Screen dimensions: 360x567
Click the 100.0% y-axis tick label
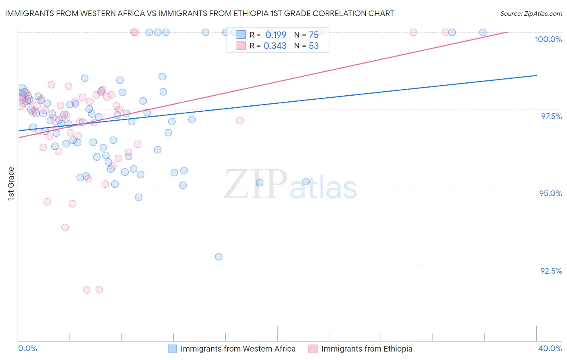click(548, 39)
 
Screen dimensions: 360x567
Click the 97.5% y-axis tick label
click(551, 116)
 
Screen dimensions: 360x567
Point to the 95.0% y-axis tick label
click(550, 193)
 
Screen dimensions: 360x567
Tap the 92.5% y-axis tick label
click(551, 271)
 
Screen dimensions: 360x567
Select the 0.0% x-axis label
click(27, 349)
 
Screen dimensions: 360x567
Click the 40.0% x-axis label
click(550, 349)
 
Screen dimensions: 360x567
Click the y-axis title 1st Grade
click(11, 184)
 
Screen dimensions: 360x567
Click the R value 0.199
click(275, 35)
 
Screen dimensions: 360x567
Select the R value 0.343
click(275, 46)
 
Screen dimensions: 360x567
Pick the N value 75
click(313, 35)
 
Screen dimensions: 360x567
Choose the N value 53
click(313, 46)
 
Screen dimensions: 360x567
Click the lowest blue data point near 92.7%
click(219, 257)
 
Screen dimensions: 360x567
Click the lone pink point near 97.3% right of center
click(240, 121)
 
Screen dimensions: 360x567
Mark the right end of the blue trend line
click(536, 75)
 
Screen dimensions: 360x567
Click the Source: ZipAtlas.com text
click(531, 14)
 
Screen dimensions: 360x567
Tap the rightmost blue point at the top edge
click(483, 32)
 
